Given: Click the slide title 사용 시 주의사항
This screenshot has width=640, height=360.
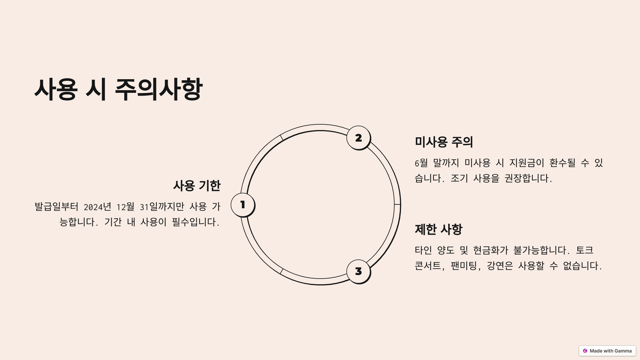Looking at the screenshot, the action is coord(119,89).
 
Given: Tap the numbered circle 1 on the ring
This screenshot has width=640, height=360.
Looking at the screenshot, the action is coord(243,205).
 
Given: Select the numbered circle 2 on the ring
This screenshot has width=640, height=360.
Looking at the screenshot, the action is coord(358,138).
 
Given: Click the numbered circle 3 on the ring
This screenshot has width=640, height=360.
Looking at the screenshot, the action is coord(358,271).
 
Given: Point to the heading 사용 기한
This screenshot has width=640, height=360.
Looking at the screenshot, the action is coord(197,186).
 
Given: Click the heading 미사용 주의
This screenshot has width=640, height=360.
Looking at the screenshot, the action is coord(444,142).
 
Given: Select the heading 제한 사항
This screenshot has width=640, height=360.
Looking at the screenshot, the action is coord(438,229).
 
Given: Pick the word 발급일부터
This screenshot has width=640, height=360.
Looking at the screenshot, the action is coord(57,207).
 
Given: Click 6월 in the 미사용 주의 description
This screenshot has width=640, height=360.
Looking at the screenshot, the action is coord(421,163).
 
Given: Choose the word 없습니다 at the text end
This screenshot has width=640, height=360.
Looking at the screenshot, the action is coord(581,266).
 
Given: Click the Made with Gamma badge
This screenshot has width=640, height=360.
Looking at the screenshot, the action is coord(607,351).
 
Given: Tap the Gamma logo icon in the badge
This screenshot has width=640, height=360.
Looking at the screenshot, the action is coord(585,351).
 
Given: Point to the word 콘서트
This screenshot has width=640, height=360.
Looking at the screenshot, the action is coord(428,266).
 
